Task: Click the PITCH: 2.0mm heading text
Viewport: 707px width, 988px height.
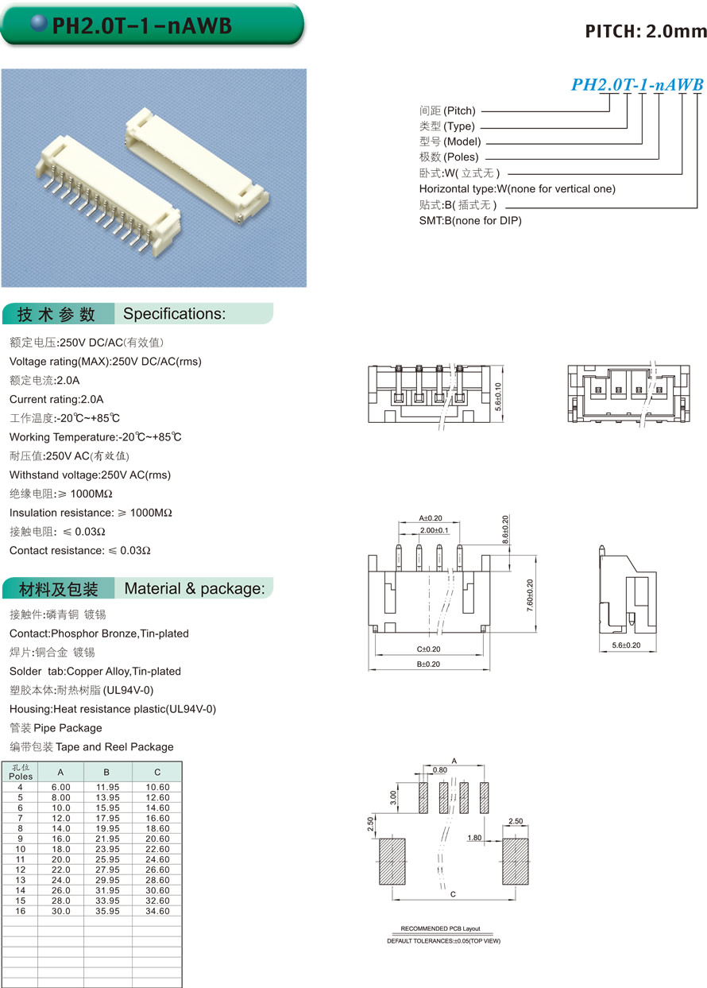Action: [x=645, y=31]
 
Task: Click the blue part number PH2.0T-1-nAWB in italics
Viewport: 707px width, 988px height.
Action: [x=637, y=85]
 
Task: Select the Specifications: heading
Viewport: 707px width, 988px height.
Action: [x=175, y=314]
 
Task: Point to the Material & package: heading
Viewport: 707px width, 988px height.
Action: [x=195, y=589]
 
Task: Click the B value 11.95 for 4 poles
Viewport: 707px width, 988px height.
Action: [x=107, y=787]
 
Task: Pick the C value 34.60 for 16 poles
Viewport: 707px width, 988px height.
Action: [x=157, y=911]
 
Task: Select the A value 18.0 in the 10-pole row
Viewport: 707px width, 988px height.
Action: [x=62, y=849]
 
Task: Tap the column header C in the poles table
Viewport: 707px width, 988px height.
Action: [x=157, y=772]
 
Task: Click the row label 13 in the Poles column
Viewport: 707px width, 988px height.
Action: [x=21, y=880]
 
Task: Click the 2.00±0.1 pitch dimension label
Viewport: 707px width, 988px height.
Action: [x=434, y=530]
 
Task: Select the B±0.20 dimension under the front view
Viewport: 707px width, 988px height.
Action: [x=428, y=664]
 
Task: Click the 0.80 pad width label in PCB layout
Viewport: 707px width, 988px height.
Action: [x=440, y=770]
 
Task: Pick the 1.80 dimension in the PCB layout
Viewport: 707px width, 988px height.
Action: [x=474, y=838]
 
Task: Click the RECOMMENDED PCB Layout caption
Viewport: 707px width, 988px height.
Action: [x=440, y=928]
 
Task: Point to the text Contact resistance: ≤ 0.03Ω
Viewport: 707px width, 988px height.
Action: [x=80, y=550]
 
